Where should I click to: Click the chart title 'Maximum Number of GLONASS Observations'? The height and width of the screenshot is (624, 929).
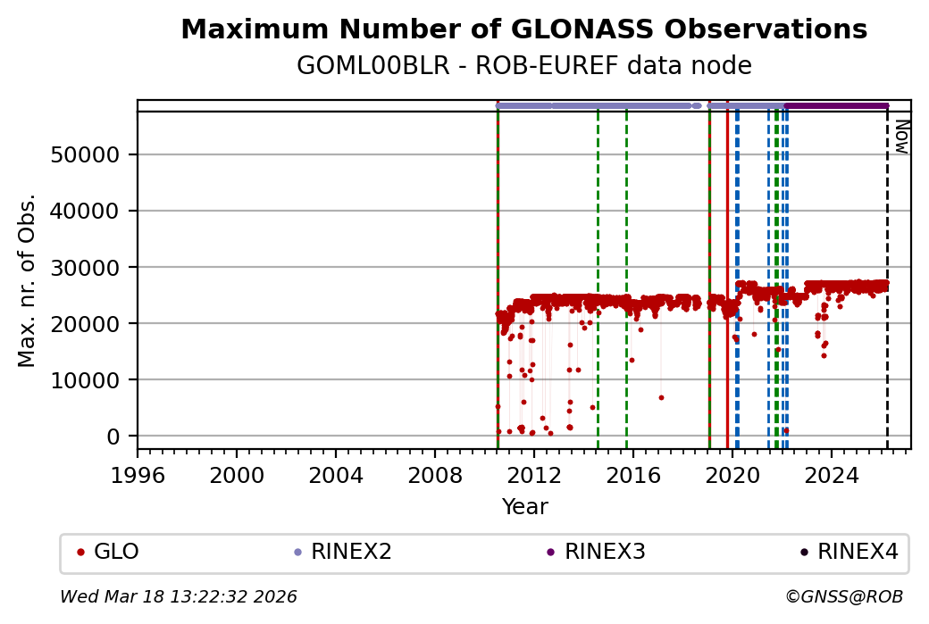pyautogui.click(x=523, y=29)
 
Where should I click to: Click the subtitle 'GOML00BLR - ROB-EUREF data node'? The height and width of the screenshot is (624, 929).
pyautogui.click(x=523, y=66)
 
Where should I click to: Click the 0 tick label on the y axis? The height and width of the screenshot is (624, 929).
pyautogui.click(x=113, y=436)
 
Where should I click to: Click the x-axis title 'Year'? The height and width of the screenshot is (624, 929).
pyautogui.click(x=524, y=507)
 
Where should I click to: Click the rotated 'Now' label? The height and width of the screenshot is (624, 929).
pyautogui.click(x=901, y=136)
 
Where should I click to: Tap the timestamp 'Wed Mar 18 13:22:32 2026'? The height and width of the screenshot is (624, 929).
pyautogui.click(x=179, y=596)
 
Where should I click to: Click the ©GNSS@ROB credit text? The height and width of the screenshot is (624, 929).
pyautogui.click(x=843, y=596)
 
